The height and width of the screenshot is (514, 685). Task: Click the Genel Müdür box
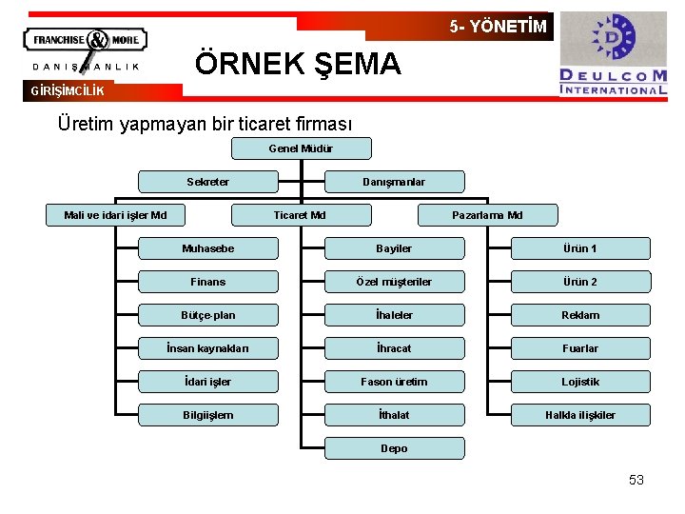pos(302,148)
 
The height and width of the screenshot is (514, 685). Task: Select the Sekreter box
pos(207,182)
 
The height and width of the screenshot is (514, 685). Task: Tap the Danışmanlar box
pos(394,182)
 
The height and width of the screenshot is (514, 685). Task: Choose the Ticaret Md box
pos(300,215)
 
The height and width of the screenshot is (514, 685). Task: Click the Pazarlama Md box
pos(487,215)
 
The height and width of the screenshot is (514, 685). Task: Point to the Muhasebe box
pos(207,248)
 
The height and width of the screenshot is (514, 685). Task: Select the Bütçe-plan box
pos(207,315)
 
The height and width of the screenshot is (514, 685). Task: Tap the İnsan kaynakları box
pos(207,348)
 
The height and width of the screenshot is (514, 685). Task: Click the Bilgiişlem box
pos(207,415)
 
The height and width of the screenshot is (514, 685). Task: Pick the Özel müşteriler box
pos(394,282)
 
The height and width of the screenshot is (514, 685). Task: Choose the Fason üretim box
pos(394,382)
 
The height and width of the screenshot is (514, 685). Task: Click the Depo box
pos(394,448)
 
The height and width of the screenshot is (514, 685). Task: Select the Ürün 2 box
pos(580,282)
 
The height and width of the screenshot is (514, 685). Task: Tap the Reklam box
pos(580,315)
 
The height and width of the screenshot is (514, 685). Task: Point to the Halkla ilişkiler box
pos(580,415)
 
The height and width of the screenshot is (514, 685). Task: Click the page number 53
pos(636,480)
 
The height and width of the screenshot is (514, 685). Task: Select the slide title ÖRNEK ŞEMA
pos(298,64)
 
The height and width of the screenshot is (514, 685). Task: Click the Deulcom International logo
pos(613,54)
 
